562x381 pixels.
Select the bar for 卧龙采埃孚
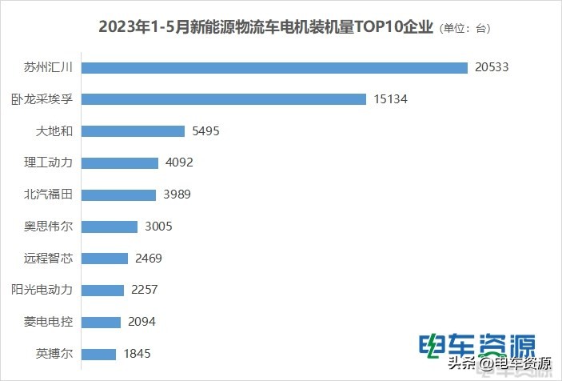coord(225,99)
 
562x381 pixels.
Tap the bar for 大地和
coord(134,131)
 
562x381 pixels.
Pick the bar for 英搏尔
coord(100,353)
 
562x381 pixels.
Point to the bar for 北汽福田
coord(119,195)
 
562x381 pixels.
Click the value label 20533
coord(491,67)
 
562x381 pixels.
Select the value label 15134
coord(390,99)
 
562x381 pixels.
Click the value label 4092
coord(179,162)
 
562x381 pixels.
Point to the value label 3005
coord(158,227)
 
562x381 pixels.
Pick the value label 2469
coord(149,258)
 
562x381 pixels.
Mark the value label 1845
coord(138,353)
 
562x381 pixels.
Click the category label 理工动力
coord(48,162)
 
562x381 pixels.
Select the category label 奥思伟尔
coord(48,227)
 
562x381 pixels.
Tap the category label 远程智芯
coord(48,258)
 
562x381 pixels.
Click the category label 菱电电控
coord(48,322)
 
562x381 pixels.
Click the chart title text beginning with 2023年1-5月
coord(265,27)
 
